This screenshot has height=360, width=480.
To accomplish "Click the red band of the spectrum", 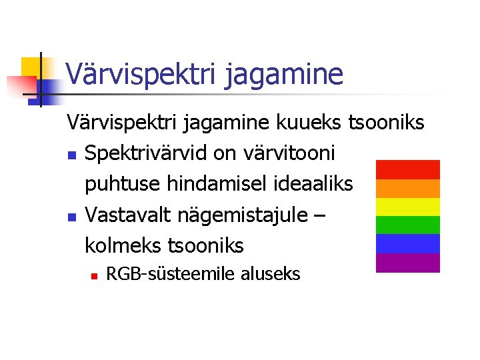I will [408, 169].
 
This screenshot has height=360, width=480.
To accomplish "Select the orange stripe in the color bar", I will [408, 188].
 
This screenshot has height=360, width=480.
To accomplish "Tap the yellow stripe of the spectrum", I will [408, 207].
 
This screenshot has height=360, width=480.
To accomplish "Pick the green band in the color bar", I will [408, 225].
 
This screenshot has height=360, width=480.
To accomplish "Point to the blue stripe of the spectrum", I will [408, 243].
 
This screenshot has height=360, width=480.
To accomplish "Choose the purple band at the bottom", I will [408, 263].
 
